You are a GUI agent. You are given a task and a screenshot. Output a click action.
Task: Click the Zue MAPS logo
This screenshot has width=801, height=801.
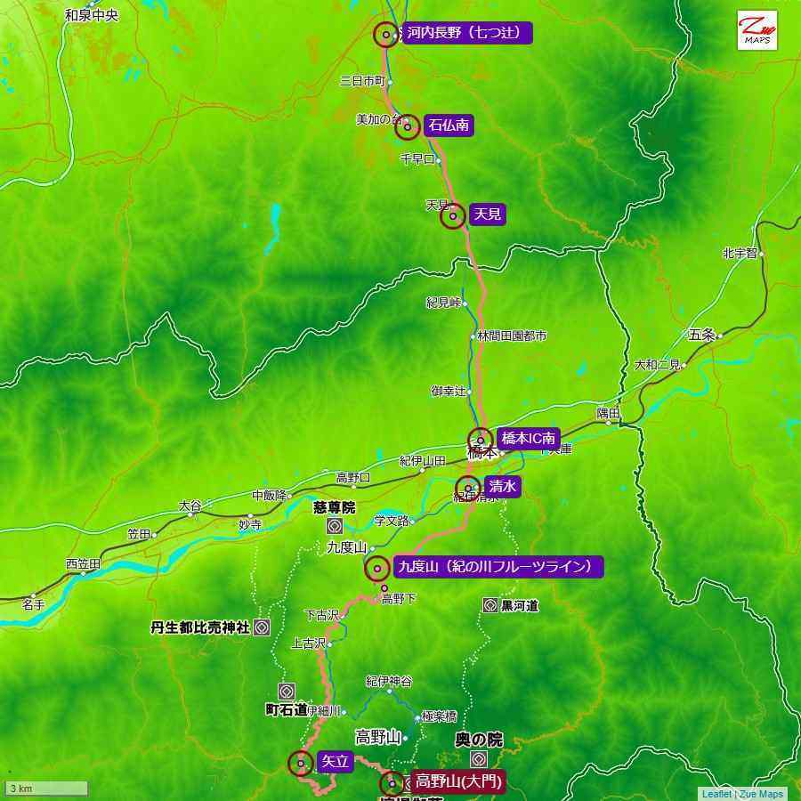click(x=756, y=30)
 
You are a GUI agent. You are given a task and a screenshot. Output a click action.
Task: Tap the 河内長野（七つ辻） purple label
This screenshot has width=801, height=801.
click(x=466, y=34)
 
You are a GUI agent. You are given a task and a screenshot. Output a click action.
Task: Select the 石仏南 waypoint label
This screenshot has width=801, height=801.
click(x=448, y=125)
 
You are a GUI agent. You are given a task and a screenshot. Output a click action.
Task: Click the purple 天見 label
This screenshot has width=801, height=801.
click(x=487, y=214)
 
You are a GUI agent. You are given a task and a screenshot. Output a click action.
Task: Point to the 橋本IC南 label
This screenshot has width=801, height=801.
click(x=528, y=438)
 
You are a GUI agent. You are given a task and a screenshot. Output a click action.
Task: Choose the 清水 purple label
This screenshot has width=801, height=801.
click(x=502, y=486)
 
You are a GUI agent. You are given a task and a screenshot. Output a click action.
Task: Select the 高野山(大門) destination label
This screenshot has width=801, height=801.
click(x=458, y=782)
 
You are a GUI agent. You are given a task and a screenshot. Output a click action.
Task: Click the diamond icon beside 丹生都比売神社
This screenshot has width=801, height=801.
click(x=262, y=627)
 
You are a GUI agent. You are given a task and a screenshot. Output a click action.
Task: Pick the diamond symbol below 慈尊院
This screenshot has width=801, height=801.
click(x=334, y=526)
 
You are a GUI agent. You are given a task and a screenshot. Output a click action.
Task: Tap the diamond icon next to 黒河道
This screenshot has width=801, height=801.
click(x=489, y=605)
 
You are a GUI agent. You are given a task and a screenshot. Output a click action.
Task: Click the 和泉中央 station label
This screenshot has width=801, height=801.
click(x=91, y=15)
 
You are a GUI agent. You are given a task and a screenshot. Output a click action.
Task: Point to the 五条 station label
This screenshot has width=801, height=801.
click(x=701, y=335)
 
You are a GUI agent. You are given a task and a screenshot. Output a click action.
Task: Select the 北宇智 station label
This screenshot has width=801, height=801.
click(x=739, y=254)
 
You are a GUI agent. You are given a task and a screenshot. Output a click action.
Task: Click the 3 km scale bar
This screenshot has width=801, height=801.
click(x=47, y=789)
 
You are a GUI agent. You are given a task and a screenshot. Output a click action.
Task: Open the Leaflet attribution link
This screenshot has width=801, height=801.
click(x=716, y=794)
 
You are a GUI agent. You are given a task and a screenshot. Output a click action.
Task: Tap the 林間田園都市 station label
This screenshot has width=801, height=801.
click(x=512, y=336)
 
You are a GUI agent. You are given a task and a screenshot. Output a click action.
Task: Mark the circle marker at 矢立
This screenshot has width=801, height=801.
click(x=301, y=763)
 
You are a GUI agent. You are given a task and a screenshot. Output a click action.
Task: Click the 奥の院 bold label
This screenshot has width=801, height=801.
click(x=478, y=740)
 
